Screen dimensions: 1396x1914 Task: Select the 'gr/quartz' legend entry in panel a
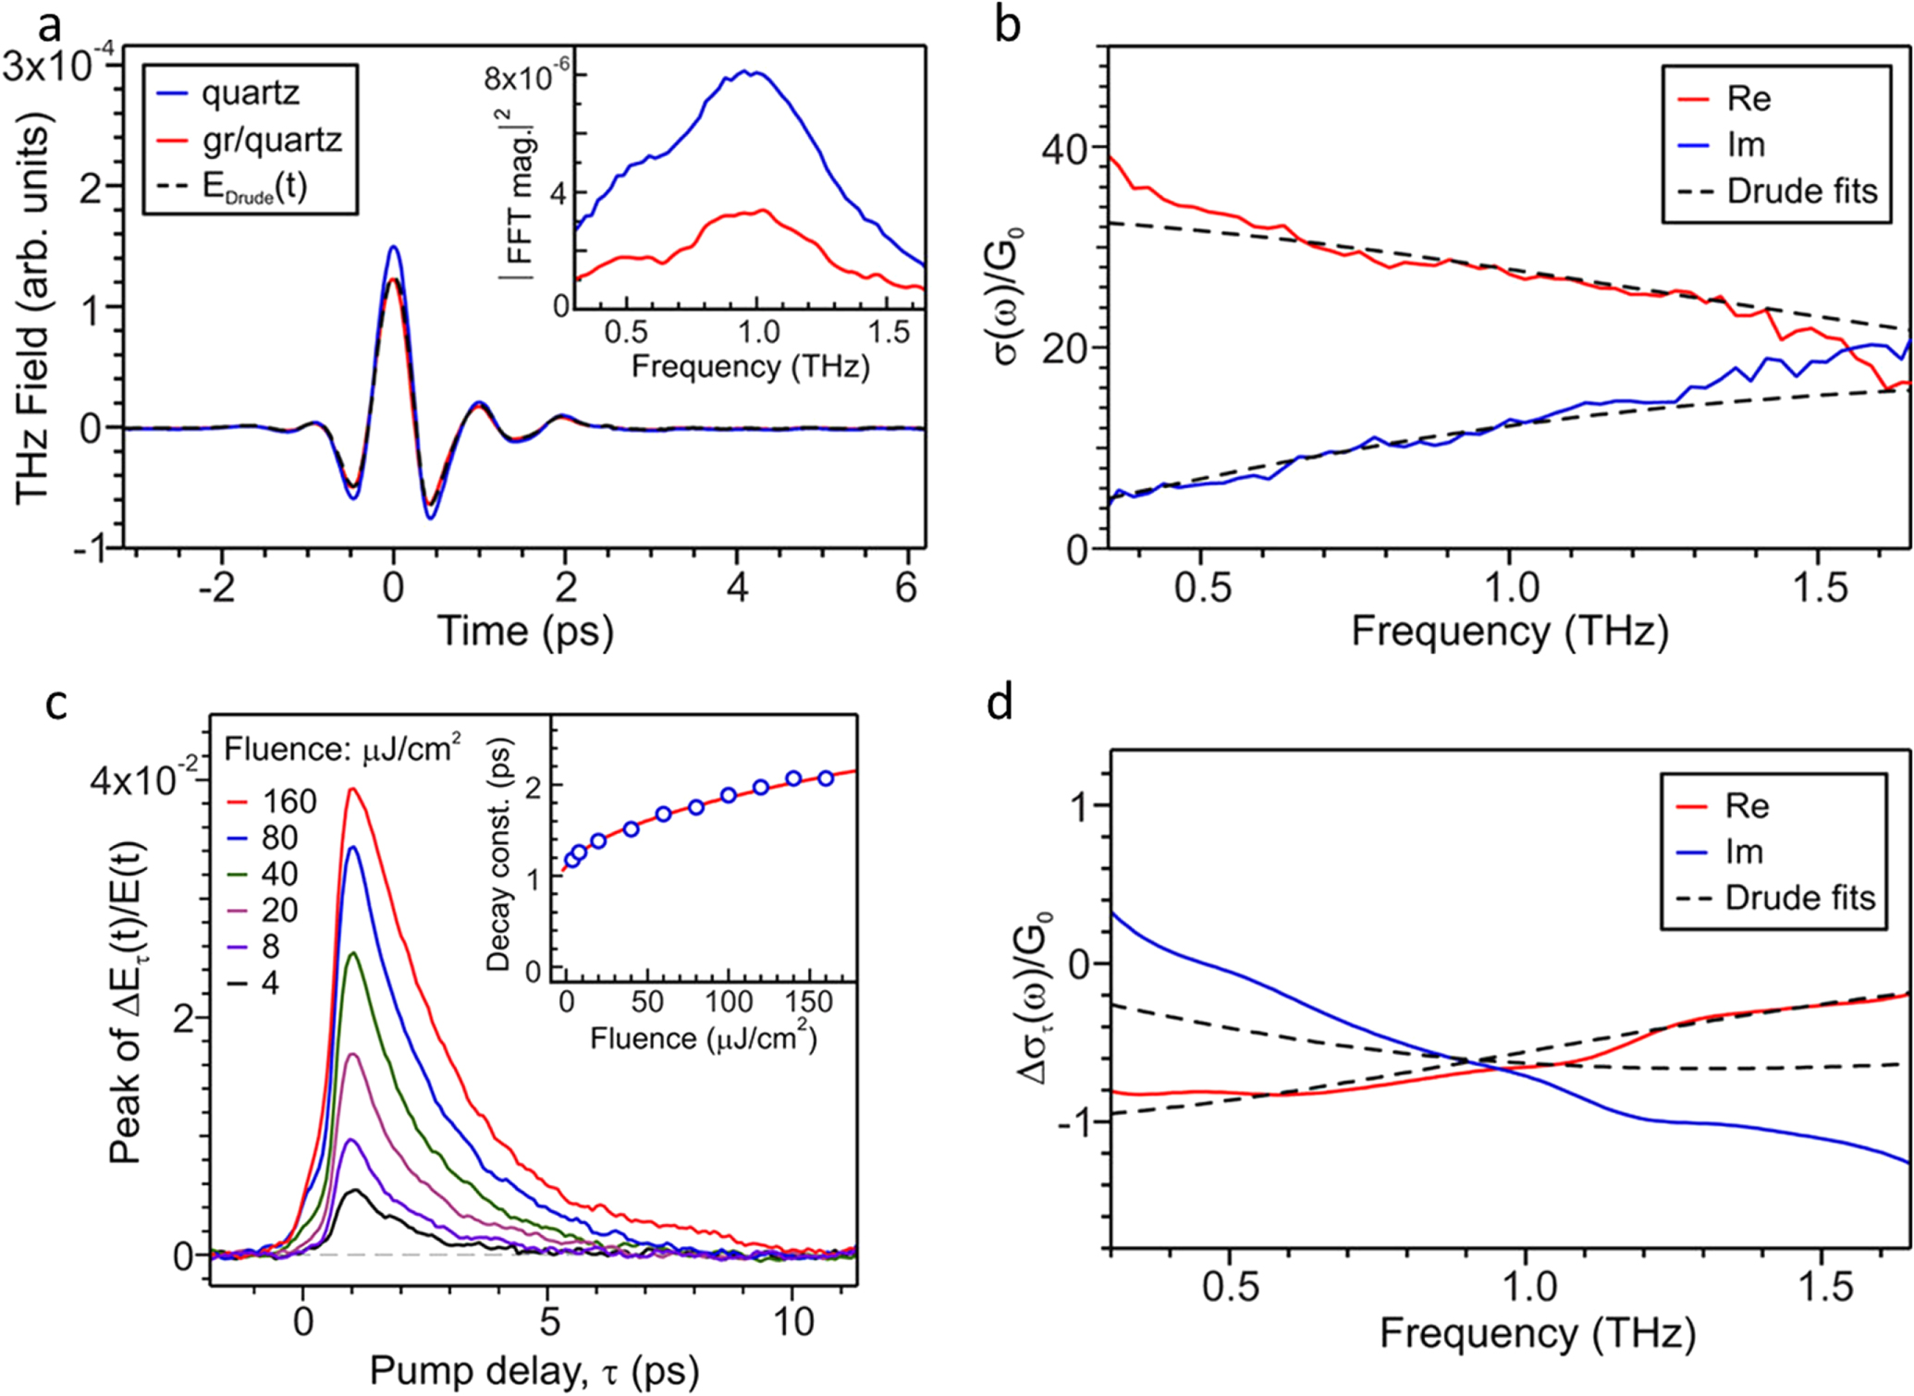tap(271, 140)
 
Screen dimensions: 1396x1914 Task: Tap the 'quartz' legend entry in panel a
tap(250, 93)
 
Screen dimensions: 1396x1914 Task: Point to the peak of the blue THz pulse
tap(394, 247)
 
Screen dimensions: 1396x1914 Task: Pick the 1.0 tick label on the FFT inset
tap(756, 332)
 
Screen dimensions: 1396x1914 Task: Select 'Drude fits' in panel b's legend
tap(1802, 191)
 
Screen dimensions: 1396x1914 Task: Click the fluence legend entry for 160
tap(288, 801)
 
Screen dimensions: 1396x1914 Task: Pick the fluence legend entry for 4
tap(269, 983)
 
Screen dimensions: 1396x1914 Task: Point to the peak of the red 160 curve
tap(351, 790)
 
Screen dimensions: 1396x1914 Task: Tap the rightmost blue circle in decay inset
tap(826, 778)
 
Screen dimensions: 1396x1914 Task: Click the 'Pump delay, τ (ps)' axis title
tap(534, 1371)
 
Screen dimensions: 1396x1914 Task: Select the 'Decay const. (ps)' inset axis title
tap(499, 854)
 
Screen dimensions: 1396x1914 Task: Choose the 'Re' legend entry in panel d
tap(1747, 806)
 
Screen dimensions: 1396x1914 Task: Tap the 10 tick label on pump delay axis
tap(793, 1322)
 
